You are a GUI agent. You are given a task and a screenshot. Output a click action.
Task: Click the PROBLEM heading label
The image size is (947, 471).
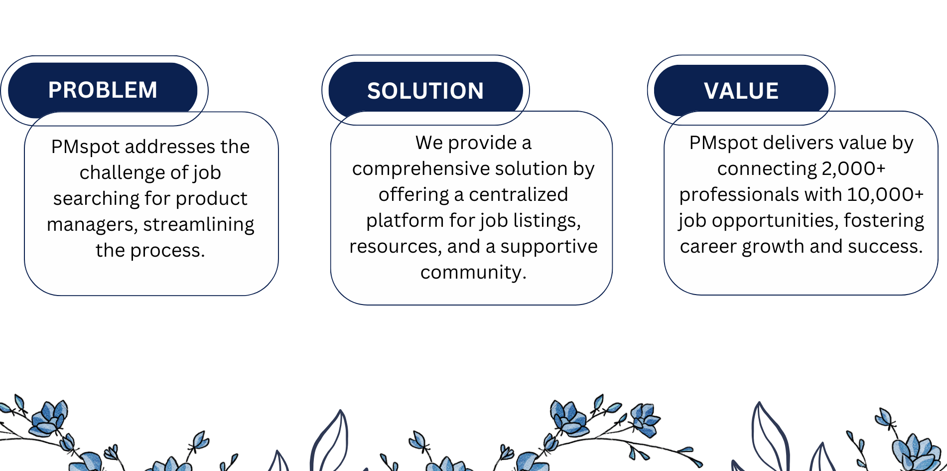click(x=103, y=90)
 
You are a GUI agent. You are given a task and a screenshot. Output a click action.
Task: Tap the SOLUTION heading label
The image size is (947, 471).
click(x=425, y=91)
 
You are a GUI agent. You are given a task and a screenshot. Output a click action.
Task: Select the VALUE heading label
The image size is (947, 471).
click(x=741, y=91)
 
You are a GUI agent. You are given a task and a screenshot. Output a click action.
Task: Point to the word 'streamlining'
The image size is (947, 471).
click(x=198, y=224)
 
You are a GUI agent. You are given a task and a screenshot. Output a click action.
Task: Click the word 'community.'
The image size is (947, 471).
click(x=473, y=272)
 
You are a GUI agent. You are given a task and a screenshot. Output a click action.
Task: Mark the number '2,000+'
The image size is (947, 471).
click(x=853, y=168)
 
